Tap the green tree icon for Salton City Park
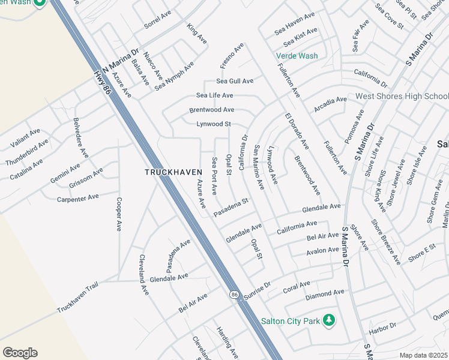[x=328, y=320]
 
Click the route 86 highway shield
[x=234, y=295]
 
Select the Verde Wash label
[x=297, y=56]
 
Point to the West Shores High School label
[x=402, y=96]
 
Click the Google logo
[x=20, y=353]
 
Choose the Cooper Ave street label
[x=119, y=215]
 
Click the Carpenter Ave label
[x=77, y=197]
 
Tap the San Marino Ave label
[x=259, y=167]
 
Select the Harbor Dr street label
[x=383, y=326]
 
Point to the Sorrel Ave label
[x=158, y=22]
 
